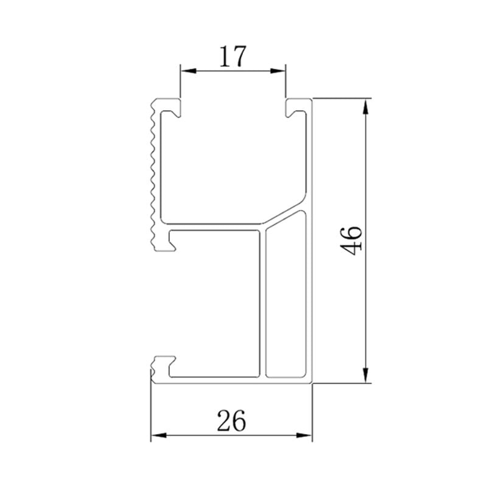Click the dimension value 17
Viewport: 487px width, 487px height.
(x=233, y=57)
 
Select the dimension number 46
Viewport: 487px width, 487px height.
(x=351, y=240)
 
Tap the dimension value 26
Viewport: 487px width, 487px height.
(x=231, y=421)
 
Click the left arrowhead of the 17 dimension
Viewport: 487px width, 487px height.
(x=189, y=71)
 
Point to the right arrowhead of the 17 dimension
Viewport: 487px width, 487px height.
(x=278, y=71)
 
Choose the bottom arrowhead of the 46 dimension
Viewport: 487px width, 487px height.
(x=366, y=375)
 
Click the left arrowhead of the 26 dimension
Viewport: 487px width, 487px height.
(x=159, y=435)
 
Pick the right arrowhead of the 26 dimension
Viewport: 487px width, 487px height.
(x=304, y=435)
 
